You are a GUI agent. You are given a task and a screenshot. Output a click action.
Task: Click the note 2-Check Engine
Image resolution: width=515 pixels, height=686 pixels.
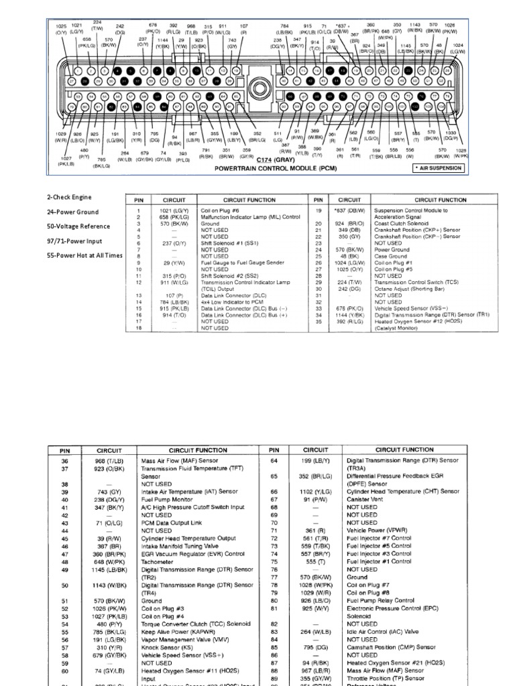[69, 198]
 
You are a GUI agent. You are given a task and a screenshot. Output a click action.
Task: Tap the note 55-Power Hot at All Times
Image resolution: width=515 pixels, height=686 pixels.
[84, 255]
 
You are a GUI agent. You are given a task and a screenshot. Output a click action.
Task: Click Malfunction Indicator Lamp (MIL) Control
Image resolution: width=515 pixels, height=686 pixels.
[251, 217]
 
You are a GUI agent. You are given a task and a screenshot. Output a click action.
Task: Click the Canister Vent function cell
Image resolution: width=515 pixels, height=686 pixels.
[368, 500]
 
